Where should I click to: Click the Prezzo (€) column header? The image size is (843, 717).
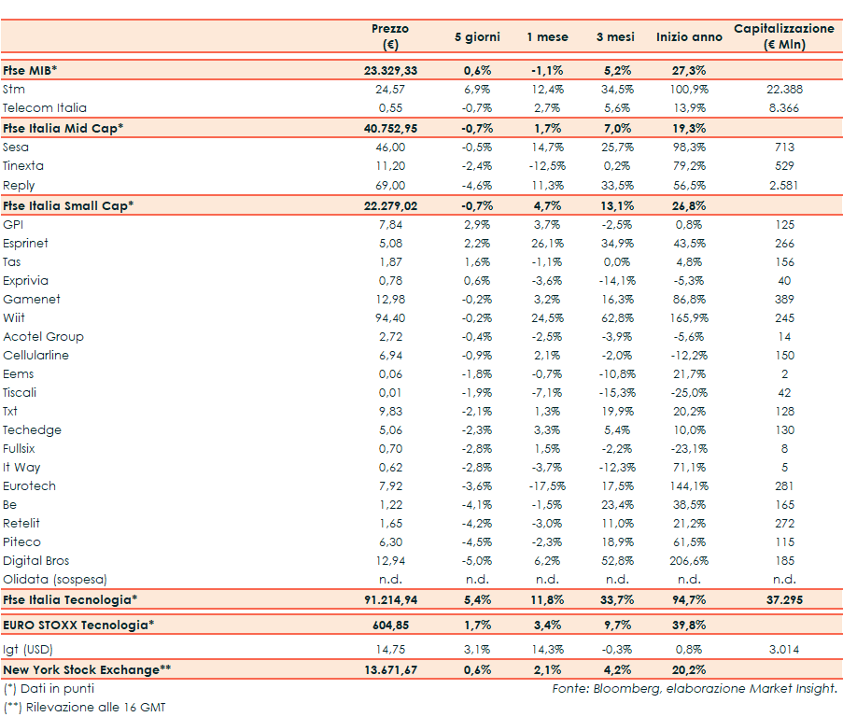389,36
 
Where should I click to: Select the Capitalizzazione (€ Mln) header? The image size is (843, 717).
784,36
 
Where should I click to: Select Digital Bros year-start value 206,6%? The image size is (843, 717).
689,561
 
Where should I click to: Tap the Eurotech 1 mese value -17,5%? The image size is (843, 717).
546,486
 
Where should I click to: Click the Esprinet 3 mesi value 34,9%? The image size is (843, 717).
615,244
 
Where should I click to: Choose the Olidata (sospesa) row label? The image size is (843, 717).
55,580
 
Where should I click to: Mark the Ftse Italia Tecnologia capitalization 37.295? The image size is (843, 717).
784,599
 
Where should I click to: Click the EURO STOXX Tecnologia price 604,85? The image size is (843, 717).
389,625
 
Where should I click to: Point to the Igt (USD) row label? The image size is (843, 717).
28,648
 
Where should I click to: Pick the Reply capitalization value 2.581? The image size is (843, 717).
784,186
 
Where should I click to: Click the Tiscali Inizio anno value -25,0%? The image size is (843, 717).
689,393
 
